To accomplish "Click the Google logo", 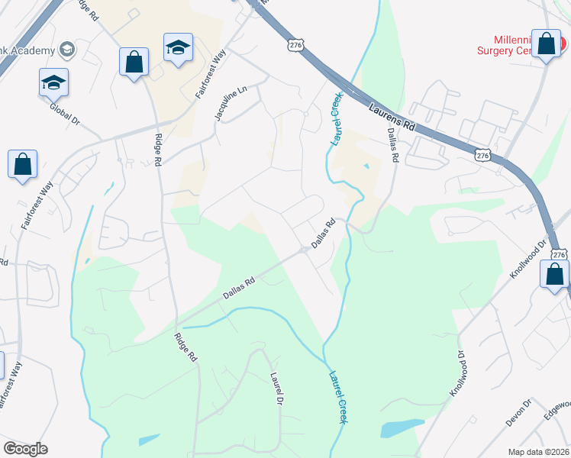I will [x=25, y=449].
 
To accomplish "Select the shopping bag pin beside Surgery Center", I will [x=547, y=44].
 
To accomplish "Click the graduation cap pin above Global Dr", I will [x=53, y=82].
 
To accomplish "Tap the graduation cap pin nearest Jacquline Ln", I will [x=178, y=48].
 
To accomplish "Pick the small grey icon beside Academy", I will [x=66, y=50].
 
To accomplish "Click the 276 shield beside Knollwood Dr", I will [x=558, y=255].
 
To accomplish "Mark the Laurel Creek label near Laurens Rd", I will [x=335, y=119].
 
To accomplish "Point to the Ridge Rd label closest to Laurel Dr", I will [x=185, y=347].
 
